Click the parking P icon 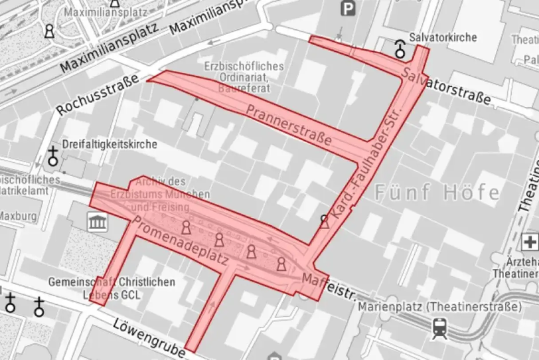pyautogui.click(x=348, y=9)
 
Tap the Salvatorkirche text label pyautogui.click(x=443, y=37)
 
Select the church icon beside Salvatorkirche pyautogui.click(x=401, y=48)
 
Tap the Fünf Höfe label pyautogui.click(x=437, y=193)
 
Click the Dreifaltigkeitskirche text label pyautogui.click(x=110, y=144)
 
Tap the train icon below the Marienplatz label pyautogui.click(x=439, y=327)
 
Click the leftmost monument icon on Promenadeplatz pyautogui.click(x=187, y=228)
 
